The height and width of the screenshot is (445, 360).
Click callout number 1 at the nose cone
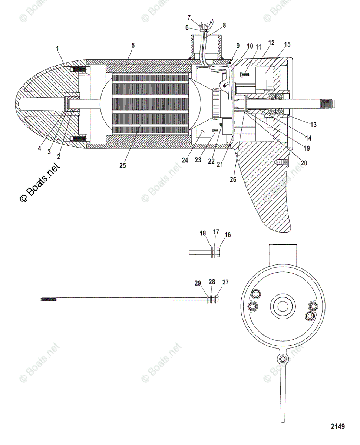click(57, 48)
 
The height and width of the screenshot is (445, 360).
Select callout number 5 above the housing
click(133, 45)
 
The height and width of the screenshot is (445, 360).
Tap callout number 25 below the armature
click(122, 165)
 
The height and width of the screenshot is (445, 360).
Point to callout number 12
click(271, 43)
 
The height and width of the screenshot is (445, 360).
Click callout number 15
click(287, 44)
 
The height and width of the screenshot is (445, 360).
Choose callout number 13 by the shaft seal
click(313, 125)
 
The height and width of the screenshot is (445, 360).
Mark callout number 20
click(304, 162)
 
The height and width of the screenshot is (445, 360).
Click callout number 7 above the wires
click(189, 17)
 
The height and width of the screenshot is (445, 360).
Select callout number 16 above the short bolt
click(227, 235)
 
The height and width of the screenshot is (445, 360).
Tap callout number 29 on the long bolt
click(197, 283)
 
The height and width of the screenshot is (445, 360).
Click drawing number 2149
click(337, 426)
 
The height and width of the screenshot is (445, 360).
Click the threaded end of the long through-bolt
click(48, 299)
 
